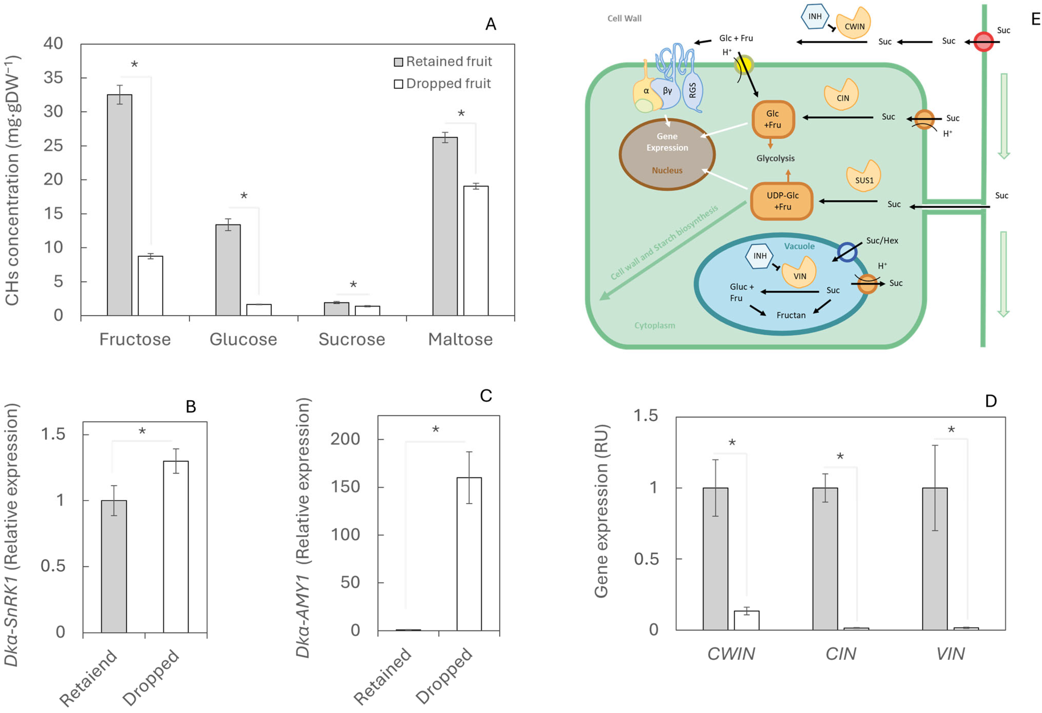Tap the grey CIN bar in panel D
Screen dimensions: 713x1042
click(825, 559)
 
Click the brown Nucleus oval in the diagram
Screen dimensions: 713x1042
click(667, 154)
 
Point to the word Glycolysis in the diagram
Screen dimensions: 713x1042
click(775, 158)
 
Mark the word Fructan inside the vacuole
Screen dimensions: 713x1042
click(791, 315)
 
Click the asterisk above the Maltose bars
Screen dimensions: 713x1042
click(461, 114)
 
